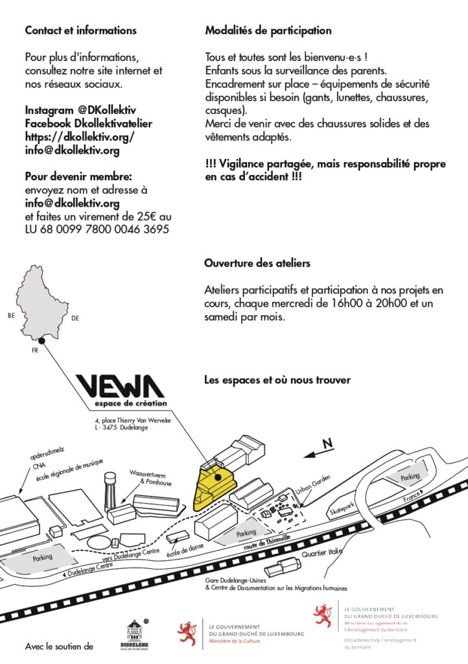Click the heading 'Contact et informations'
80,30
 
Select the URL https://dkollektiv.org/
79,137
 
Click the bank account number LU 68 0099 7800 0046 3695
97,230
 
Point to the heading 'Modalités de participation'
268,30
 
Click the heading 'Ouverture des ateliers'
257,263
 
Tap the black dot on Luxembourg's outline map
41,340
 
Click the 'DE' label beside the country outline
75,318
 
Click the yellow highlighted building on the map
213,488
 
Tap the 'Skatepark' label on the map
343,507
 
